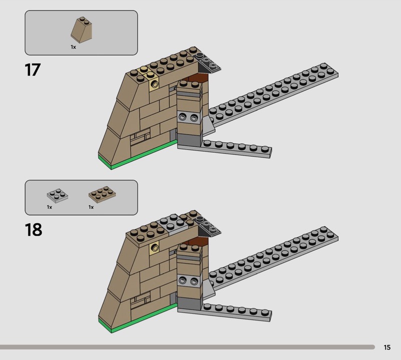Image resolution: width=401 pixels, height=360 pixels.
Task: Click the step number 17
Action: pyautogui.click(x=33, y=70)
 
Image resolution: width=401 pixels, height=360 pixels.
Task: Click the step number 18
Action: pyautogui.click(x=34, y=230)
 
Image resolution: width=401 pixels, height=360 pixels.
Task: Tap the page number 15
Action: pyautogui.click(x=387, y=347)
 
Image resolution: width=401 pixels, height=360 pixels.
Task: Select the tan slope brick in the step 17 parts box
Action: pyautogui.click(x=81, y=30)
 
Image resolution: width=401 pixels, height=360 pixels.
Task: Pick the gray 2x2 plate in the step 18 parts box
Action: pyautogui.click(x=58, y=196)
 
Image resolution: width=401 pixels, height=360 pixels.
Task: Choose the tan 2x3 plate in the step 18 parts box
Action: pyautogui.click(x=102, y=194)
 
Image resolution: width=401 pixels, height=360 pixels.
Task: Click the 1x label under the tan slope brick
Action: pyautogui.click(x=73, y=47)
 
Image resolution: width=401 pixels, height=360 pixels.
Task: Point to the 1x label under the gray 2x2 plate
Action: pyautogui.click(x=49, y=207)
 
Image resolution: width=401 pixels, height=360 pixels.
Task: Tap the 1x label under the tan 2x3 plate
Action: pyautogui.click(x=91, y=207)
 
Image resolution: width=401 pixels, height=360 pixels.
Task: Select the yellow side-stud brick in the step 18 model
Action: pyautogui.click(x=154, y=247)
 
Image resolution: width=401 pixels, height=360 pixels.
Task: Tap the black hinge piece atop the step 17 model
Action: pyautogui.click(x=207, y=62)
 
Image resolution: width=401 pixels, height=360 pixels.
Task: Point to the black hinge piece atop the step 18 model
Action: pyautogui.click(x=207, y=226)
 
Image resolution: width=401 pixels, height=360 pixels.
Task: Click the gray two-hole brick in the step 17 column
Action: pyautogui.click(x=189, y=118)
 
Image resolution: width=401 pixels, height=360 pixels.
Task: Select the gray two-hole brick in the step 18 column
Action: pyautogui.click(x=189, y=281)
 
